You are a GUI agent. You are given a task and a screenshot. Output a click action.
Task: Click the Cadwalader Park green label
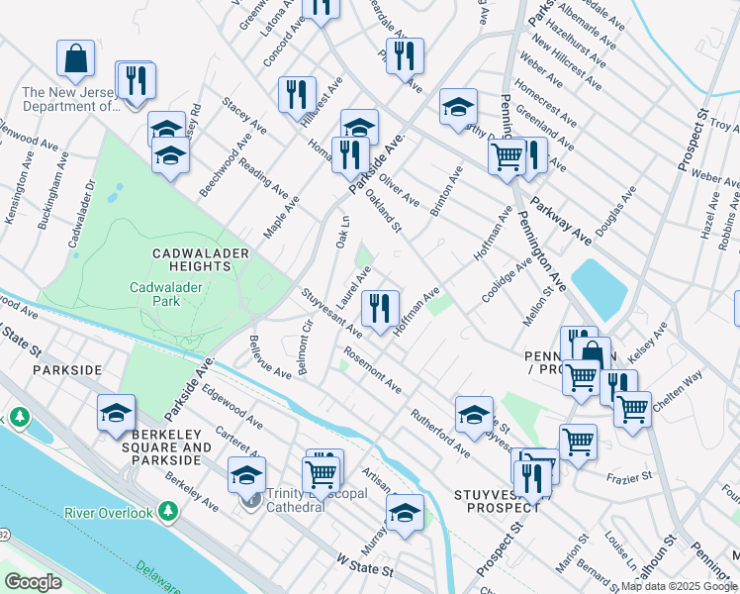pos(156,294)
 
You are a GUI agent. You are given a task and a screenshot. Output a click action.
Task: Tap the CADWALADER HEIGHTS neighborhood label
pos(200,260)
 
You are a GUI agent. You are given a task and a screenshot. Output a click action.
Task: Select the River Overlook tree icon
pos(168,511)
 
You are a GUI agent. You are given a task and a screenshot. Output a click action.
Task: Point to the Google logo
pos(33,582)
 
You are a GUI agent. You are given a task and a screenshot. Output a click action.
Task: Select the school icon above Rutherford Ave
pos(474,413)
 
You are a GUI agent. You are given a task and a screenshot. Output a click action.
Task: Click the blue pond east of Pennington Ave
pos(599,288)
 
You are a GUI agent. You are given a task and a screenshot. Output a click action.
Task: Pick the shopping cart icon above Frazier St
pos(578,442)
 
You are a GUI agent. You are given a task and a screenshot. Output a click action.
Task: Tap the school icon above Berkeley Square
pos(116,413)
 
